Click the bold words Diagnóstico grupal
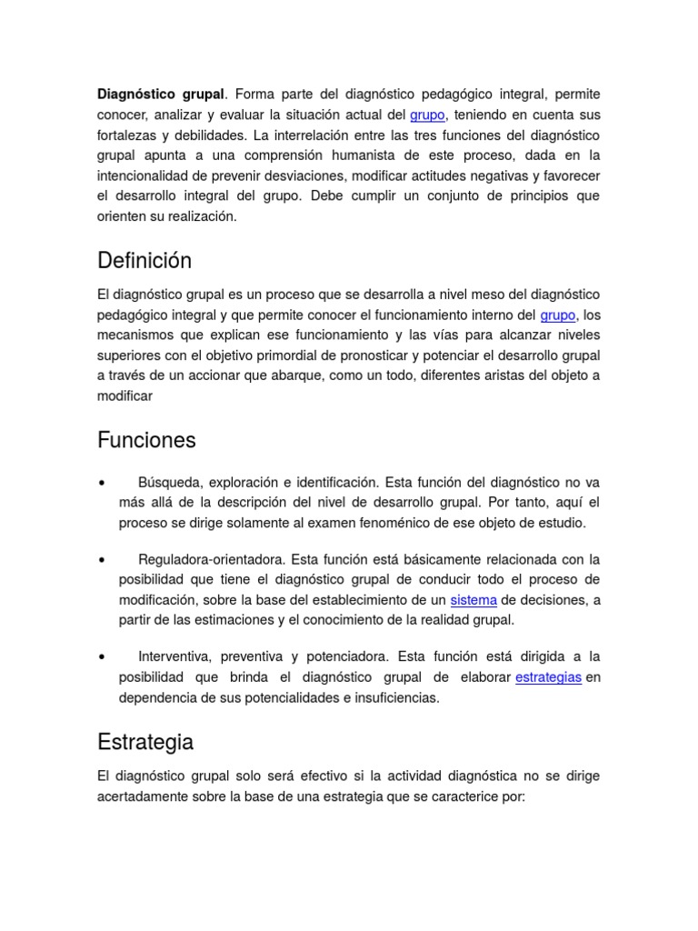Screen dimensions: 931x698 coord(160,95)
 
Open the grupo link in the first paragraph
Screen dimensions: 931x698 coord(427,115)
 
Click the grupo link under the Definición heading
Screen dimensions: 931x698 coord(558,315)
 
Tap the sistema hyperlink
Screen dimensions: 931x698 coord(474,600)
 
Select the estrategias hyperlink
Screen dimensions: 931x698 coord(548,677)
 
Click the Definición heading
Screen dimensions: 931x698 coord(145,261)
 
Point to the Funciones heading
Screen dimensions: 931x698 coord(146,440)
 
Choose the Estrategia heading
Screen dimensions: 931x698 coord(145,742)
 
